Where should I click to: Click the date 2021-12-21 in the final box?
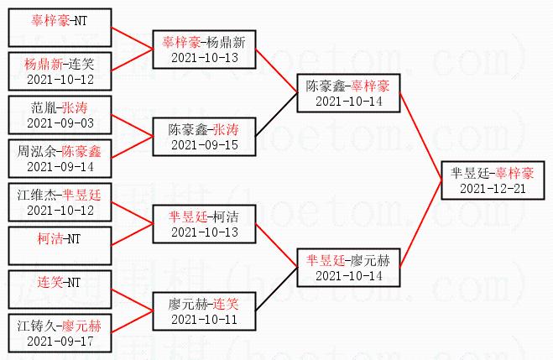(x=493, y=189)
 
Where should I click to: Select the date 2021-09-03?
(x=60, y=123)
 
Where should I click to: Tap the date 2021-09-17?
(x=60, y=341)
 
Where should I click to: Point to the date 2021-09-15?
(x=205, y=145)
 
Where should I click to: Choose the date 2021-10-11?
(x=205, y=320)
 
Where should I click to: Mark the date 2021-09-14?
(x=60, y=167)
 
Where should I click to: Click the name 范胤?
(x=44, y=108)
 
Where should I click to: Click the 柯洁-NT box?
(x=60, y=246)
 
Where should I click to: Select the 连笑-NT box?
(x=60, y=290)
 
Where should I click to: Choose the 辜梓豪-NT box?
(x=60, y=28)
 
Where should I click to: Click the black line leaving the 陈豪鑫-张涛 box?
(x=277, y=115)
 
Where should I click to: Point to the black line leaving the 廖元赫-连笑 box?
(x=277, y=290)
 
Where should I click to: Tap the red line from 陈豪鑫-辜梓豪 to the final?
(x=420, y=137)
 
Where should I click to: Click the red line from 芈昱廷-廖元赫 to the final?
(x=420, y=224)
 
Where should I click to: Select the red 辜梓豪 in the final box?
(x=514, y=174)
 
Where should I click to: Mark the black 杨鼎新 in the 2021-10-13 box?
(x=226, y=43)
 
